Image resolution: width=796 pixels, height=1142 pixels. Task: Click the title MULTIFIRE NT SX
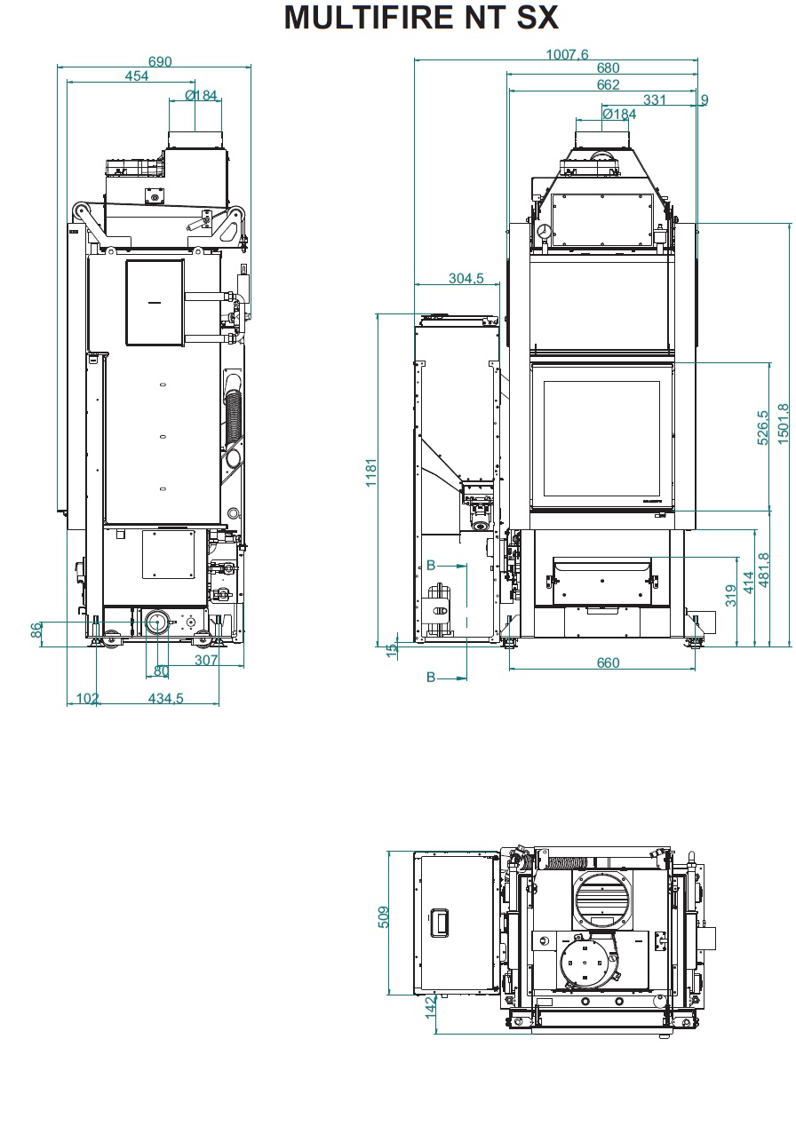(421, 18)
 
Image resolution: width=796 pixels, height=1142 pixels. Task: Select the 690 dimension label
(160, 61)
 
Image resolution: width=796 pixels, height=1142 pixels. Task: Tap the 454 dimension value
(137, 76)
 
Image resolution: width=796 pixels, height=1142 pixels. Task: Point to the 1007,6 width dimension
(567, 54)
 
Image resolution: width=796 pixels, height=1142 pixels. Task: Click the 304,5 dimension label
(466, 278)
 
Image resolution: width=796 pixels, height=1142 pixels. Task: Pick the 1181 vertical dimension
(371, 472)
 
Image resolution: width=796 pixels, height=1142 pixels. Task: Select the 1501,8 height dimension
(783, 424)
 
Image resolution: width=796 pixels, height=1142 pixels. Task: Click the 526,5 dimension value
(762, 427)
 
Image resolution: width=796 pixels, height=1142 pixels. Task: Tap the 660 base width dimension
(608, 662)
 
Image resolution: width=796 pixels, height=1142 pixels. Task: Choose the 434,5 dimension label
(166, 698)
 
